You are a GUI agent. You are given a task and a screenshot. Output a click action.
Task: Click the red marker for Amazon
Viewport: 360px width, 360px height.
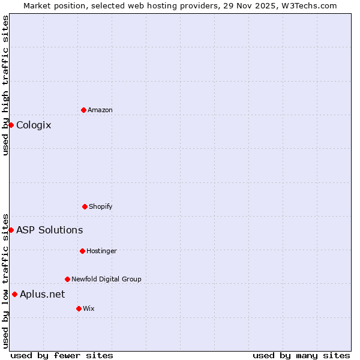click(83, 110)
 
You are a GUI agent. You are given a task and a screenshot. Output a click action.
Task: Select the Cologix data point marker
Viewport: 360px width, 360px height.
click(11, 125)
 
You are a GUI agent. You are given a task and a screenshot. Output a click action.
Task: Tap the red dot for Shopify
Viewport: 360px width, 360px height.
click(85, 206)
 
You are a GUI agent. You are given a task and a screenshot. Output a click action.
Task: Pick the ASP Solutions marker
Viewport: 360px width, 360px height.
click(11, 230)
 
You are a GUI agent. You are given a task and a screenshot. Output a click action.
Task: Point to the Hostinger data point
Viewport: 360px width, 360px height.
click(82, 251)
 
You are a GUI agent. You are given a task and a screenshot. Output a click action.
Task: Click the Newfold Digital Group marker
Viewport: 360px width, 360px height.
click(67, 279)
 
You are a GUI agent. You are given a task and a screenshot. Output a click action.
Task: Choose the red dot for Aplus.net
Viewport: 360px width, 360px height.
click(14, 294)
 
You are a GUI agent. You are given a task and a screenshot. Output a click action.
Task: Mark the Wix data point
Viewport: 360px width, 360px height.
click(79, 308)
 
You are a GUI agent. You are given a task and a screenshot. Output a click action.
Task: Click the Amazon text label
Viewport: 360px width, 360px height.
click(100, 110)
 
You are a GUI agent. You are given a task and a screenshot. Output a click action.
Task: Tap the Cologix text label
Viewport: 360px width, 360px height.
click(34, 125)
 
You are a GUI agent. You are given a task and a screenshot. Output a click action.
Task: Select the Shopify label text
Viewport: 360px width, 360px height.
click(101, 206)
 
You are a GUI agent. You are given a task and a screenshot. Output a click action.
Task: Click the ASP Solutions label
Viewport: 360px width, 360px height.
click(49, 230)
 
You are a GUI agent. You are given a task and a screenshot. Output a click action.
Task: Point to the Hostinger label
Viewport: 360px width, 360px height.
click(101, 251)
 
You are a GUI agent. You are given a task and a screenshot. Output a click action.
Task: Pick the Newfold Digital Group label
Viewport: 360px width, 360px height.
click(106, 279)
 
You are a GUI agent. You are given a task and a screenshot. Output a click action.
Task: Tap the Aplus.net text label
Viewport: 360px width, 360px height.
click(42, 294)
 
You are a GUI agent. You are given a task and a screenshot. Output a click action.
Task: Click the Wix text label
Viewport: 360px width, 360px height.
click(89, 308)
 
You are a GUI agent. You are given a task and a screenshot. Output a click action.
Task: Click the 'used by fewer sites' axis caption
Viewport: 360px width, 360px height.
click(62, 355)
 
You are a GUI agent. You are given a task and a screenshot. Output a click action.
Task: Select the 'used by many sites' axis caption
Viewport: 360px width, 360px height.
click(301, 355)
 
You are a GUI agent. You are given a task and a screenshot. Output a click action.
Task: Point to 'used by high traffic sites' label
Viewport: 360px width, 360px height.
click(5, 85)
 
